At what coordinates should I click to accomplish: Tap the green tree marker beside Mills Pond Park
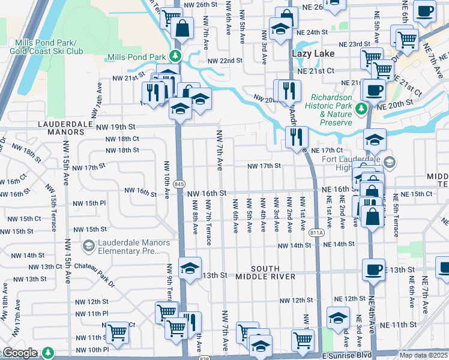tap(175, 57)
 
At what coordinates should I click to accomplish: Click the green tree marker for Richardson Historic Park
tap(361, 108)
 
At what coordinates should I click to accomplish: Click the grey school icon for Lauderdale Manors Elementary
tap(89, 246)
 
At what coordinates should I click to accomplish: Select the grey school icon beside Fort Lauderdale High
tap(390, 163)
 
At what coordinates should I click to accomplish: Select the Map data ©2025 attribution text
tap(423, 355)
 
